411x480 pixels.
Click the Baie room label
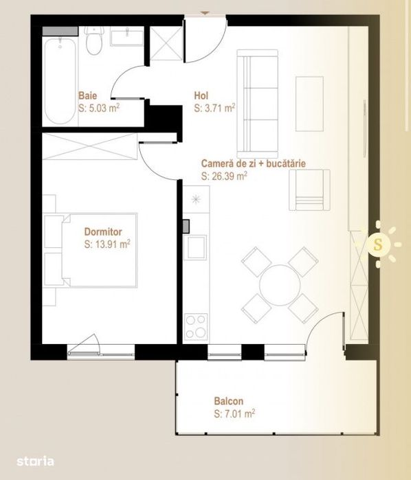[87, 98]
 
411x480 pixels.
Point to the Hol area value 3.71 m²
[214, 108]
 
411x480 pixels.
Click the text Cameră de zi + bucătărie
[253, 164]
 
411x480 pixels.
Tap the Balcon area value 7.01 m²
[234, 414]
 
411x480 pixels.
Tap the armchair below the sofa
[303, 190]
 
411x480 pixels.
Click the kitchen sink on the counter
[196, 246]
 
